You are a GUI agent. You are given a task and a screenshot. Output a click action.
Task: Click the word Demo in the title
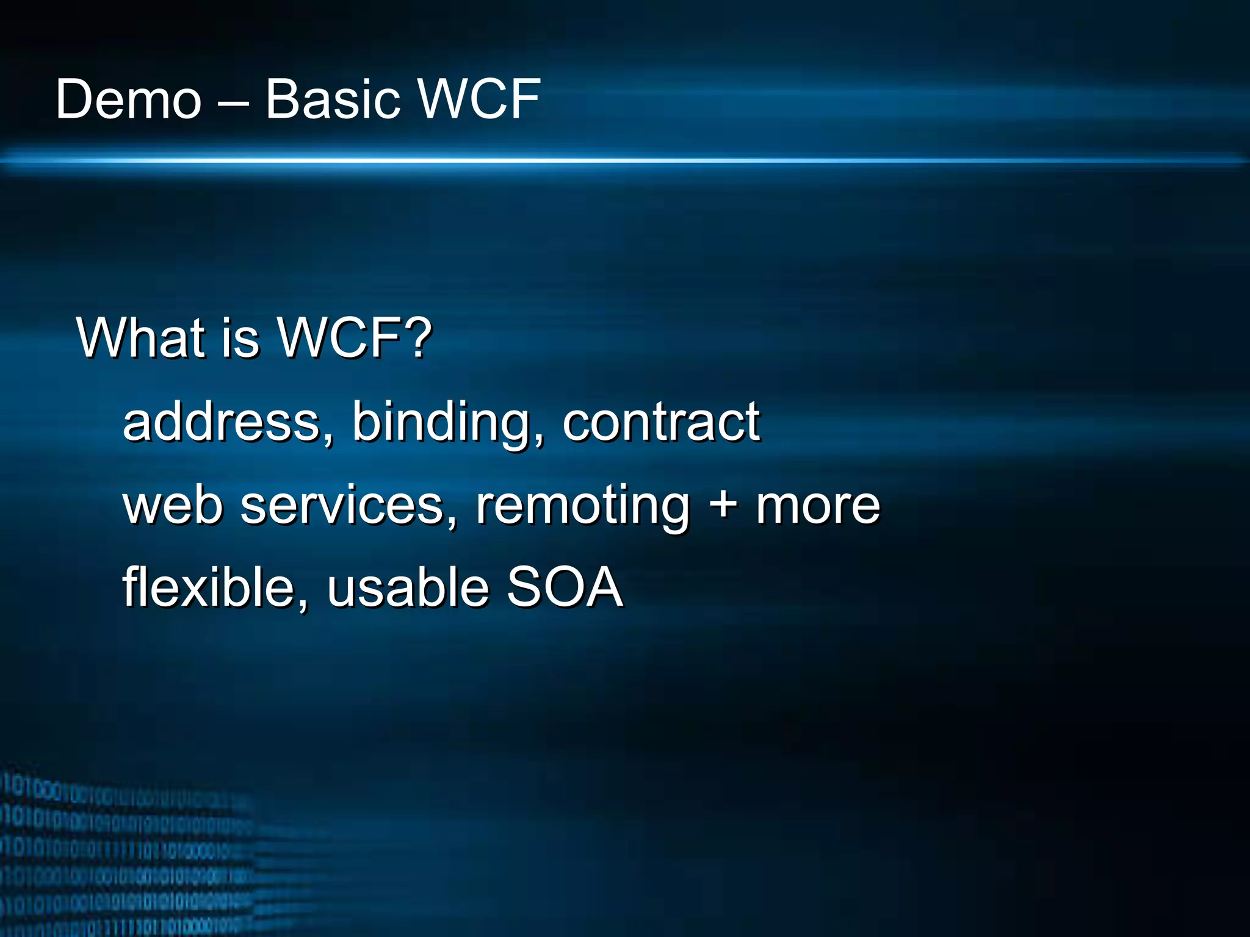tap(128, 99)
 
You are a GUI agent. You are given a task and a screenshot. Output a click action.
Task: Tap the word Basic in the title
tap(333, 99)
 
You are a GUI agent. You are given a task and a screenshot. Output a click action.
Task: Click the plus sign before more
tap(723, 506)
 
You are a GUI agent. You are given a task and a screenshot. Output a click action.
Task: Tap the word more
tap(818, 506)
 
